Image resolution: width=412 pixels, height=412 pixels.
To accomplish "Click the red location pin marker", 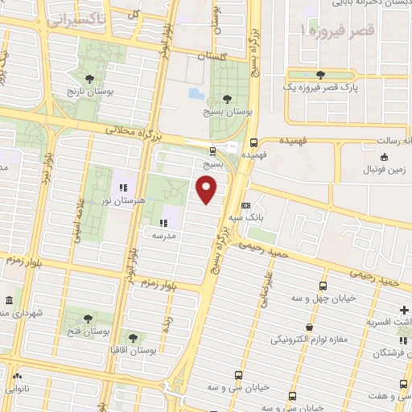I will (208, 189).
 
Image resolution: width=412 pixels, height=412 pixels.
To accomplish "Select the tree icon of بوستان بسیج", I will (228, 97).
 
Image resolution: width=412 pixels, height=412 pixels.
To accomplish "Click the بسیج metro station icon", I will (212, 150).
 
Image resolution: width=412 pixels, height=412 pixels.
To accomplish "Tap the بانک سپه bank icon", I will (245, 205).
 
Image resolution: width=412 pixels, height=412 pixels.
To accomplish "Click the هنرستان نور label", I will (113, 200).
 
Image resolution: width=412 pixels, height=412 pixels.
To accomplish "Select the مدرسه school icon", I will (163, 221).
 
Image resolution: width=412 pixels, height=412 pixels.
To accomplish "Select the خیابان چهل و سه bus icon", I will (323, 286).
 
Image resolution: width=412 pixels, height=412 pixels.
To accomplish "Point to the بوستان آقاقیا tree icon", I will (133, 338).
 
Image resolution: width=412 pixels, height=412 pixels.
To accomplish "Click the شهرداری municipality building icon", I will (7, 301).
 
